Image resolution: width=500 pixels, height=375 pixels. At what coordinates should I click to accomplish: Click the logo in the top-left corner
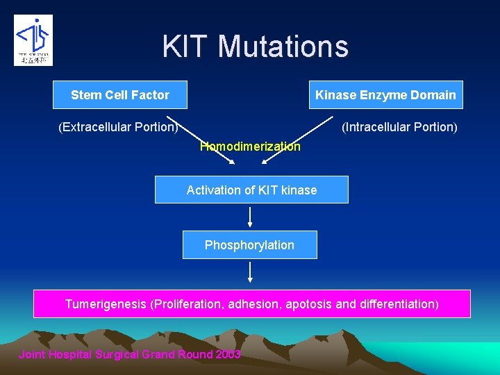click(33, 40)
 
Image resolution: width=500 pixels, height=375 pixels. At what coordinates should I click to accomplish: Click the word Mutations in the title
click(283, 47)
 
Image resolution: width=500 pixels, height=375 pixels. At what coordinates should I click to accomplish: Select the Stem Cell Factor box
click(120, 95)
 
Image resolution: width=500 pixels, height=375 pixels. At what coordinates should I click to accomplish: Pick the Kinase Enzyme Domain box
click(385, 95)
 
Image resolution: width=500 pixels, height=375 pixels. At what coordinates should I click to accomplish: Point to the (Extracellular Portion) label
click(118, 127)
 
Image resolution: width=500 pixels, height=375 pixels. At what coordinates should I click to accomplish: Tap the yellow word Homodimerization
click(250, 147)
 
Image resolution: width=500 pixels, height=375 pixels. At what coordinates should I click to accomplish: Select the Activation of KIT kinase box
click(251, 190)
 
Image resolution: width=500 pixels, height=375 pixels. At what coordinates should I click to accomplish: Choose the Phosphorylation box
click(249, 245)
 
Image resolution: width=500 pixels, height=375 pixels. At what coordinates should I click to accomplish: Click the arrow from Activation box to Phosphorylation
click(250, 217)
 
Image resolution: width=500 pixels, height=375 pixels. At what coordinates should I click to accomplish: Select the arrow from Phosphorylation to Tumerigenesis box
click(250, 272)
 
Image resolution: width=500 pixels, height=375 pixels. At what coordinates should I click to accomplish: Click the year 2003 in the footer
click(228, 355)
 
